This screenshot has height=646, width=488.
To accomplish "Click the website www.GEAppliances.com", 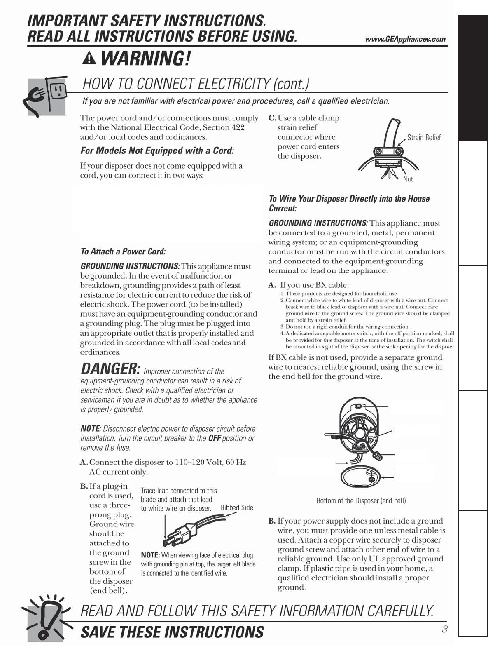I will (405, 39).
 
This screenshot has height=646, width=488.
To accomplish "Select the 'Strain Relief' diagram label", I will (424, 138).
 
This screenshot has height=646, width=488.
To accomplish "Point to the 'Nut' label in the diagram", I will (408, 179).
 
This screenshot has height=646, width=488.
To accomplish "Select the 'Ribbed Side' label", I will (237, 508).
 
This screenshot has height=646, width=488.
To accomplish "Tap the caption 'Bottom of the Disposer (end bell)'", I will (361, 501).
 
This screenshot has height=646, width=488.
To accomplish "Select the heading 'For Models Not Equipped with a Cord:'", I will (157, 150).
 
